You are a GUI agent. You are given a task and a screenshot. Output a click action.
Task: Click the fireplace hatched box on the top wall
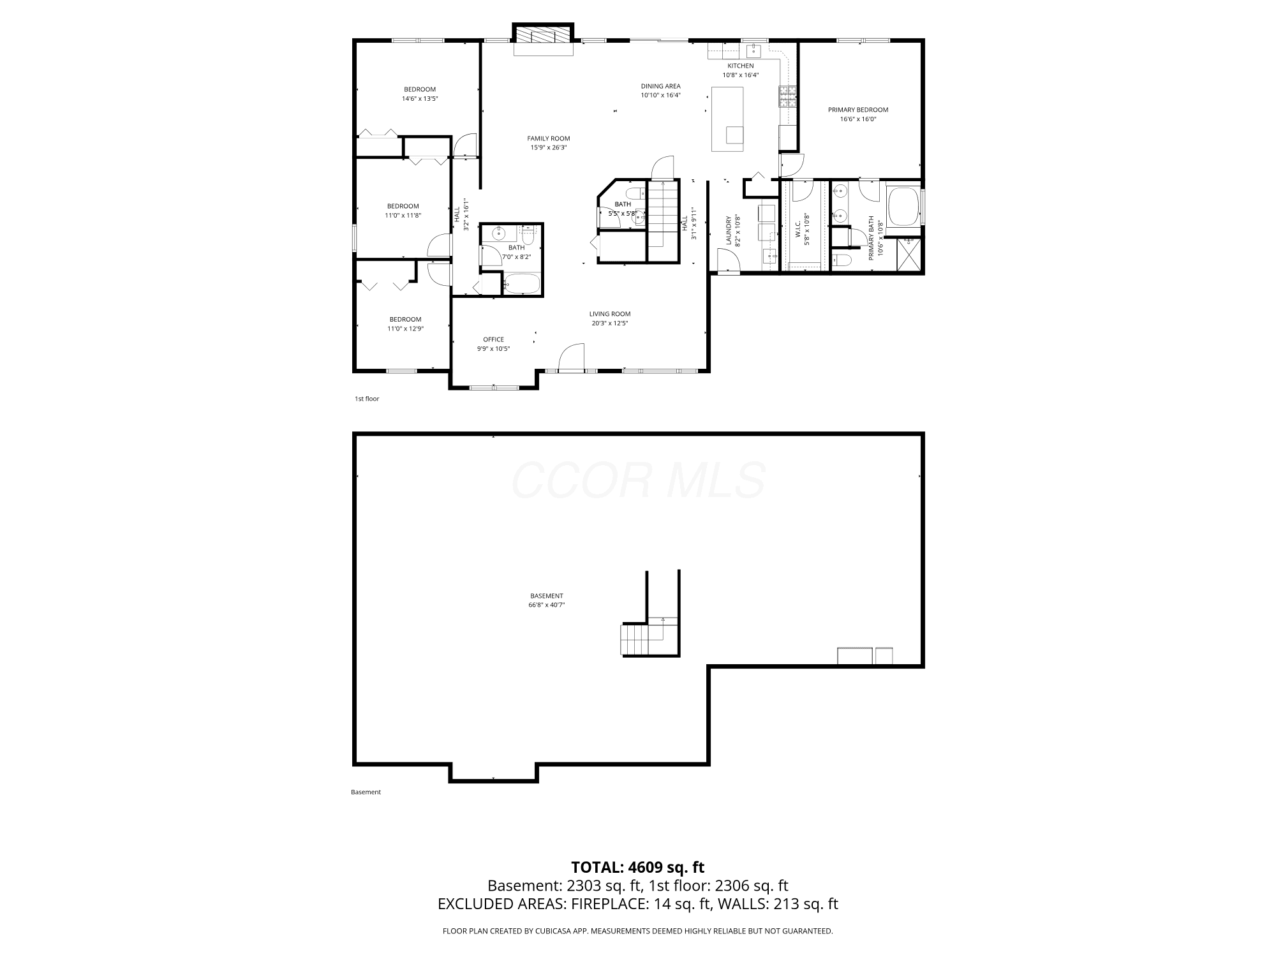coord(542,34)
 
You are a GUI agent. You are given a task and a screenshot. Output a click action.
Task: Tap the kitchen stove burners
coord(787,96)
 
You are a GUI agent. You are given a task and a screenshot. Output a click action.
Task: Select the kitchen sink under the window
coord(754,49)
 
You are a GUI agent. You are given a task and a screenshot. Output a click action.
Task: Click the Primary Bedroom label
coord(858,110)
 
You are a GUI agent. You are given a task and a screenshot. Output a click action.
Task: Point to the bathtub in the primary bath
coord(903,206)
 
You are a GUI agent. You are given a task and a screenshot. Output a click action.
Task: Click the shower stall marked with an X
coord(909,255)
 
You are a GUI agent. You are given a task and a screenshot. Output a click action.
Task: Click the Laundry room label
coord(729,230)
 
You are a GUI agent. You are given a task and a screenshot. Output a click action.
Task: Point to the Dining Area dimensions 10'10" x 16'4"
coord(661,95)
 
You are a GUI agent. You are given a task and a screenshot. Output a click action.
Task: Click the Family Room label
coord(549,138)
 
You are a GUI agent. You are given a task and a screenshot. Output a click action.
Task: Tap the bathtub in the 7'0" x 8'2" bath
coord(523,284)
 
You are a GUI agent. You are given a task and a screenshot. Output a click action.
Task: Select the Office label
coord(494,339)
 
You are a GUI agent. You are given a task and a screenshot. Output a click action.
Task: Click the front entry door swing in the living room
coord(572,356)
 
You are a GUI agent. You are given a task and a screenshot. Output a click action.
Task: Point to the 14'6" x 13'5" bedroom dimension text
coord(420,99)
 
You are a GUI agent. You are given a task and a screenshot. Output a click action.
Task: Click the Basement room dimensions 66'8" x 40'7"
coord(547,605)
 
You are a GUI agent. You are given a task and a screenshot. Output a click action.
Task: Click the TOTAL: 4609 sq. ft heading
coord(638,867)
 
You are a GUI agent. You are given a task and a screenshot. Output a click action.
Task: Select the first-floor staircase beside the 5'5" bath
coord(664,215)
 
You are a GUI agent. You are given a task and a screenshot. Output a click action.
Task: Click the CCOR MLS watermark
coord(638,480)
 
